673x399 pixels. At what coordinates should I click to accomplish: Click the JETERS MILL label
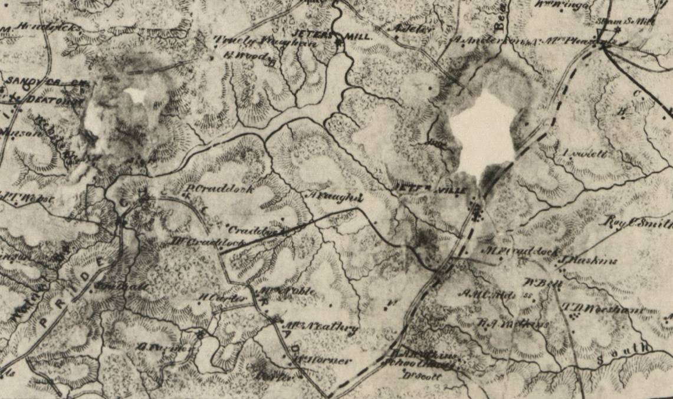click(333, 36)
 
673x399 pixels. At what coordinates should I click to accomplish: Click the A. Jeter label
click(406, 29)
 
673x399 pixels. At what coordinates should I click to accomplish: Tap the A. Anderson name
click(481, 41)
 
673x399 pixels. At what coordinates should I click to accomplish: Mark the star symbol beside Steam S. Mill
click(618, 29)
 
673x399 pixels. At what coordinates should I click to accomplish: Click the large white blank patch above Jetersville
click(483, 133)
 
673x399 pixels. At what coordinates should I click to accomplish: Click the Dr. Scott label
click(422, 373)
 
